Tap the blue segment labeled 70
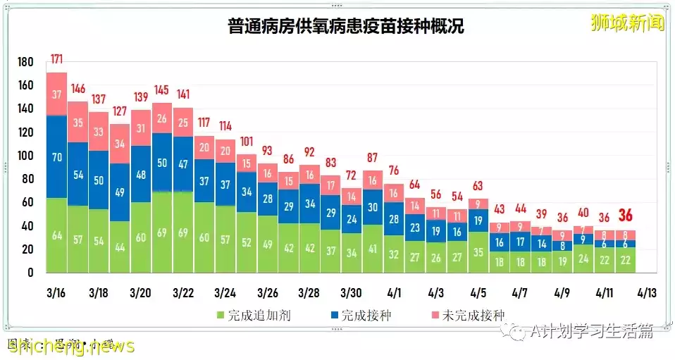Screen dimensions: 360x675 (56, 157)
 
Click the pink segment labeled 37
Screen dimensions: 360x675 (56, 94)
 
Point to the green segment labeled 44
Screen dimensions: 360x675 (120, 247)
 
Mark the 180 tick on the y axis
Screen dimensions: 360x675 (25, 63)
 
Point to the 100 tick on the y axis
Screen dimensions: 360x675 (25, 156)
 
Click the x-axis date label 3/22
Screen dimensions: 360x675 (183, 292)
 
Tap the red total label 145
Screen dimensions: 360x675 (162, 91)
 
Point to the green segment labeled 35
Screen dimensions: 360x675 (478, 251)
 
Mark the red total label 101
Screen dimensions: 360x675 (246, 140)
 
